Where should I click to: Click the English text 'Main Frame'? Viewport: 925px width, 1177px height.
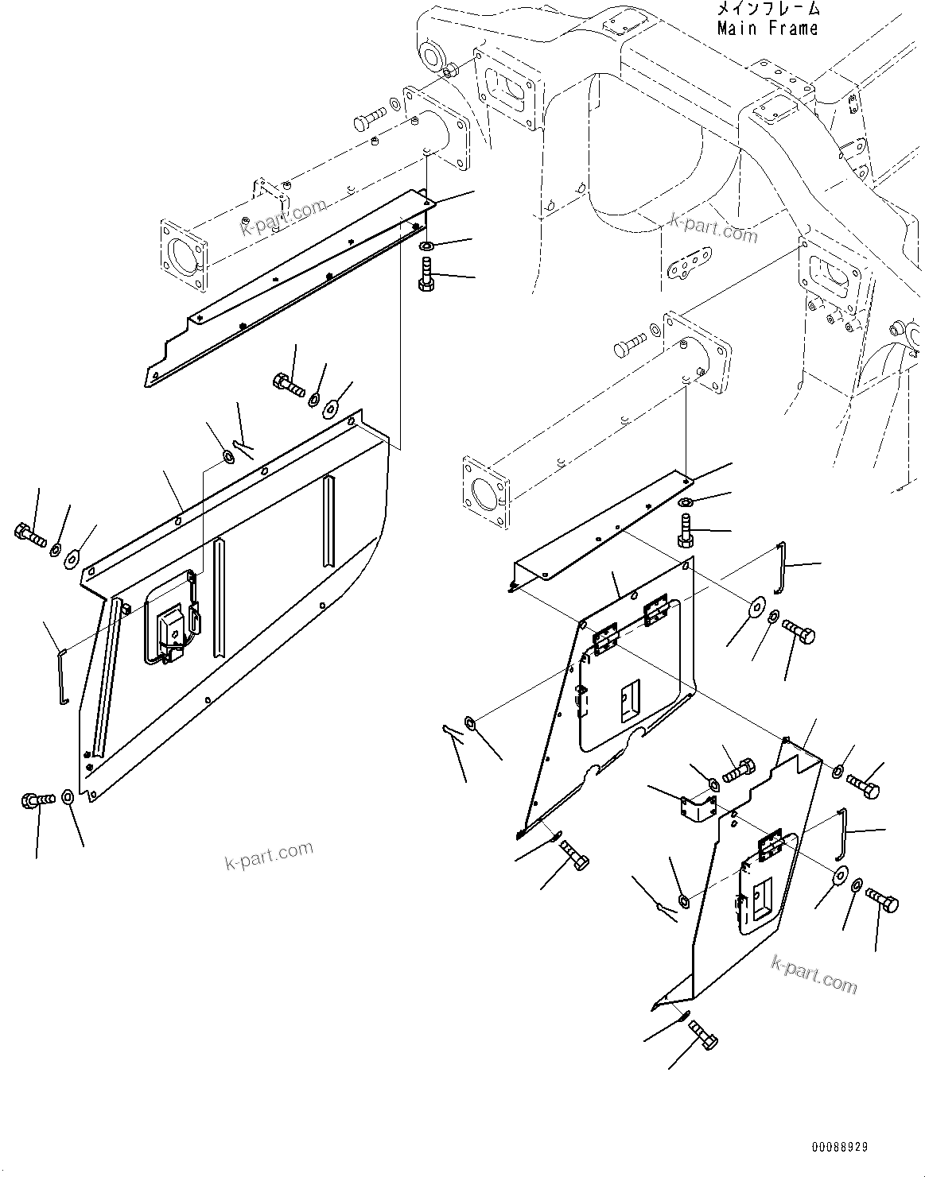(767, 29)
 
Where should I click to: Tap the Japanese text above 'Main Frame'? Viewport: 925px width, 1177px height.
(767, 10)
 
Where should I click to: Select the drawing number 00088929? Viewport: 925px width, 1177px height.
(840, 1148)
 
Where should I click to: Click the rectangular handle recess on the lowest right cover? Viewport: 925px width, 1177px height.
(761, 897)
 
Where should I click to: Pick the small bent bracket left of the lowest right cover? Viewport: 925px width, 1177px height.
(698, 810)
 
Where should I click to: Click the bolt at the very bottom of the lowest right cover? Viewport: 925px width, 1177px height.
(703, 1035)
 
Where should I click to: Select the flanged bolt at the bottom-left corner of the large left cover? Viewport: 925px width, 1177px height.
(37, 799)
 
